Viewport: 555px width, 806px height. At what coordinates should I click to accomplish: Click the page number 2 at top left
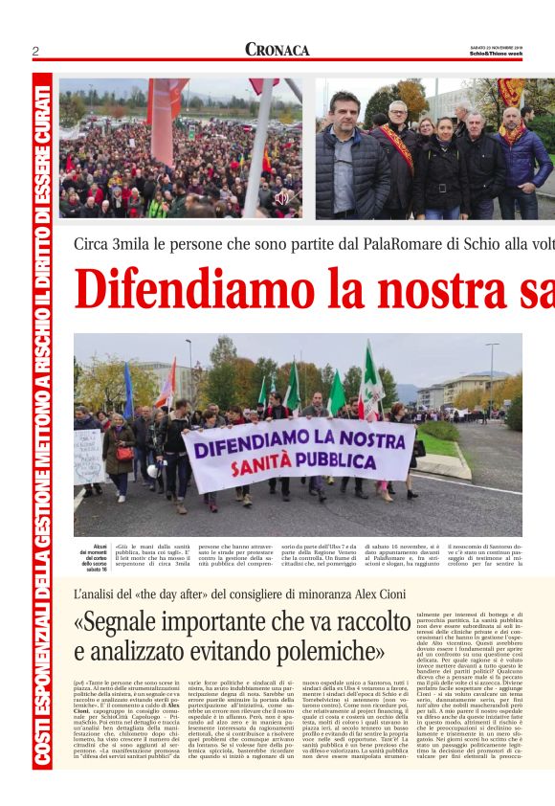[x=35, y=51]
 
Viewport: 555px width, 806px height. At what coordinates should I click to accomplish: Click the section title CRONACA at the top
[x=277, y=50]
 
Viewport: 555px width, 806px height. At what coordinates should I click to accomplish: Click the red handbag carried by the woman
[x=124, y=454]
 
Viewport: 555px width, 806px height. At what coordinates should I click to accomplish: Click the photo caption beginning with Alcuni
[x=94, y=557]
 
